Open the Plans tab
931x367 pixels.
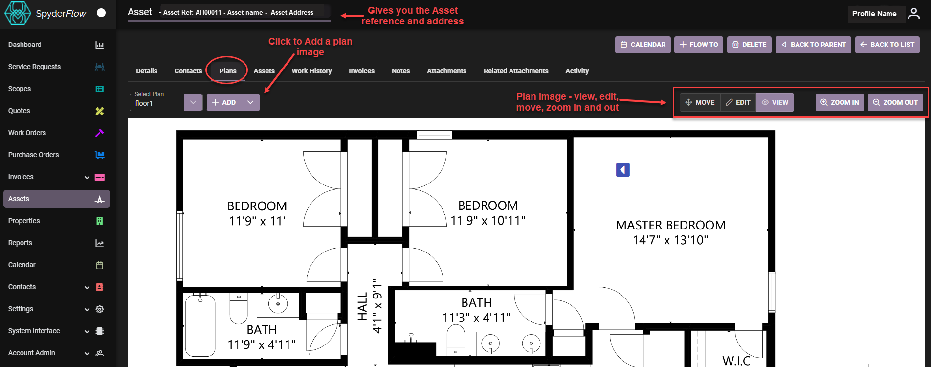(228, 71)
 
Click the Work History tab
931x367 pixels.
(311, 71)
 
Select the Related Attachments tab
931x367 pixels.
(516, 71)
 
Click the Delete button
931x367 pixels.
(749, 45)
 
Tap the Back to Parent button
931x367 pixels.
(813, 45)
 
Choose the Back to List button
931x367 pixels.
(887, 45)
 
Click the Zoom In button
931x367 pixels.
(840, 102)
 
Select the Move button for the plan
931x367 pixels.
(700, 102)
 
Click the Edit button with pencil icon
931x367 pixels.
(738, 102)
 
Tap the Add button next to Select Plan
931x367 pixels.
(224, 102)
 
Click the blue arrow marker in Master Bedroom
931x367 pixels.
(622, 170)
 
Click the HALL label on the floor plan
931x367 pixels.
(362, 306)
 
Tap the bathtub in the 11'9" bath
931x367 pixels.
(200, 325)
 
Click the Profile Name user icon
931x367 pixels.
(913, 14)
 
